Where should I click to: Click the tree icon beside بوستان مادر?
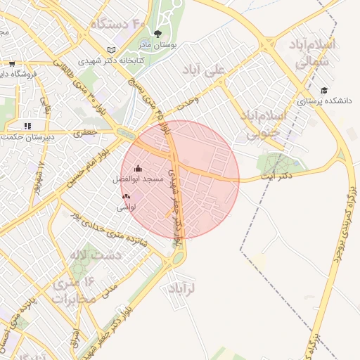tap(157, 34)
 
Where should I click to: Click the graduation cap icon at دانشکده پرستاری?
tap(324, 90)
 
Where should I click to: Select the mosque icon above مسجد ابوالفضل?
tap(137, 168)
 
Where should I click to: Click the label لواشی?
tap(127, 208)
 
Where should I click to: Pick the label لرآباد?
tap(181, 288)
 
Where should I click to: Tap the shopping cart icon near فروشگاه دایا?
tap(11, 63)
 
